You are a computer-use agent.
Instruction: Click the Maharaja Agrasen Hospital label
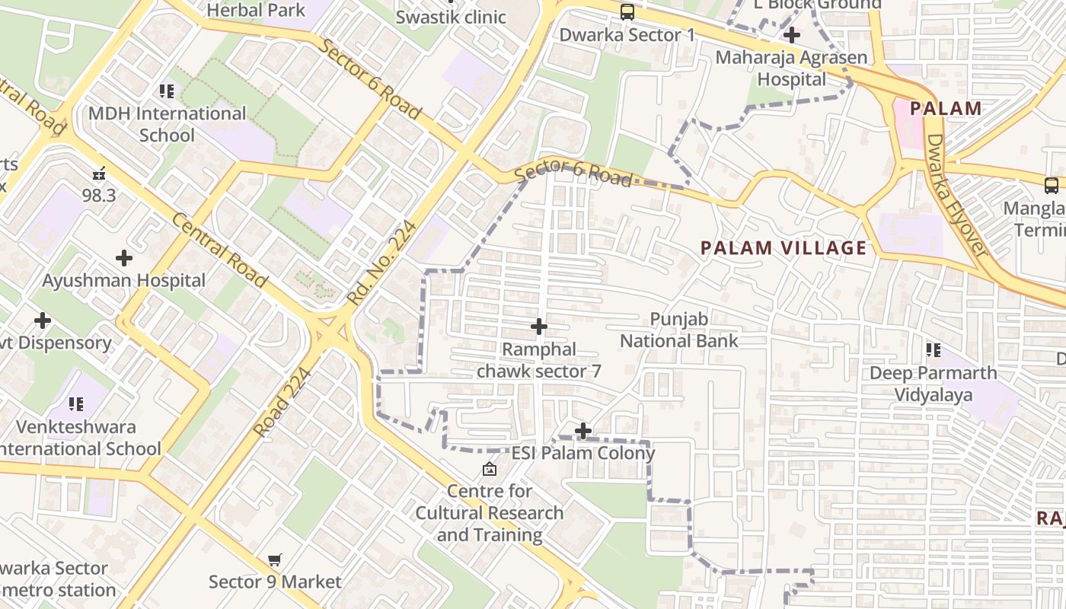pos(792,69)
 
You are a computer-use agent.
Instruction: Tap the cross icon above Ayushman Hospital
pos(124,258)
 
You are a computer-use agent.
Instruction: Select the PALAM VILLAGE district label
pos(784,248)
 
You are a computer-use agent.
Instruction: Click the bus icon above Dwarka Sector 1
pos(627,12)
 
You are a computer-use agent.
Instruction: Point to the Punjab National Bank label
pos(679,330)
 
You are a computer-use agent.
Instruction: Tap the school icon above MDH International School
pos(167,92)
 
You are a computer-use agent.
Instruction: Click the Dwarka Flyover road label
pos(956,196)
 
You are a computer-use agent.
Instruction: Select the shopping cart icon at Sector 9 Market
pos(275,560)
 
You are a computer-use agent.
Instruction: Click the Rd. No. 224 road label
pos(382,263)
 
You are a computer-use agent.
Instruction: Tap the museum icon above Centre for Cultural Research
pos(490,469)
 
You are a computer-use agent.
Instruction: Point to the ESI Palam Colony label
pos(582,454)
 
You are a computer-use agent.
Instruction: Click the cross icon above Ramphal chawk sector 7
pos(539,327)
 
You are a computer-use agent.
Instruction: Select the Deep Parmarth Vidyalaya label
pos(933,384)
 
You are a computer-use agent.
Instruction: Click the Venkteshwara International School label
pos(76,438)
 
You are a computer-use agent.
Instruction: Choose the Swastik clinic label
pos(451,17)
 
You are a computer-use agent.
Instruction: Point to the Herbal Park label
pos(256,10)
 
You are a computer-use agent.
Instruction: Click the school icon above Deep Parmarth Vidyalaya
pos(934,350)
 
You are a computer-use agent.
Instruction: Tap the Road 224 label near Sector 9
pos(282,403)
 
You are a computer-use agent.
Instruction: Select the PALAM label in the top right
pos(946,108)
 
